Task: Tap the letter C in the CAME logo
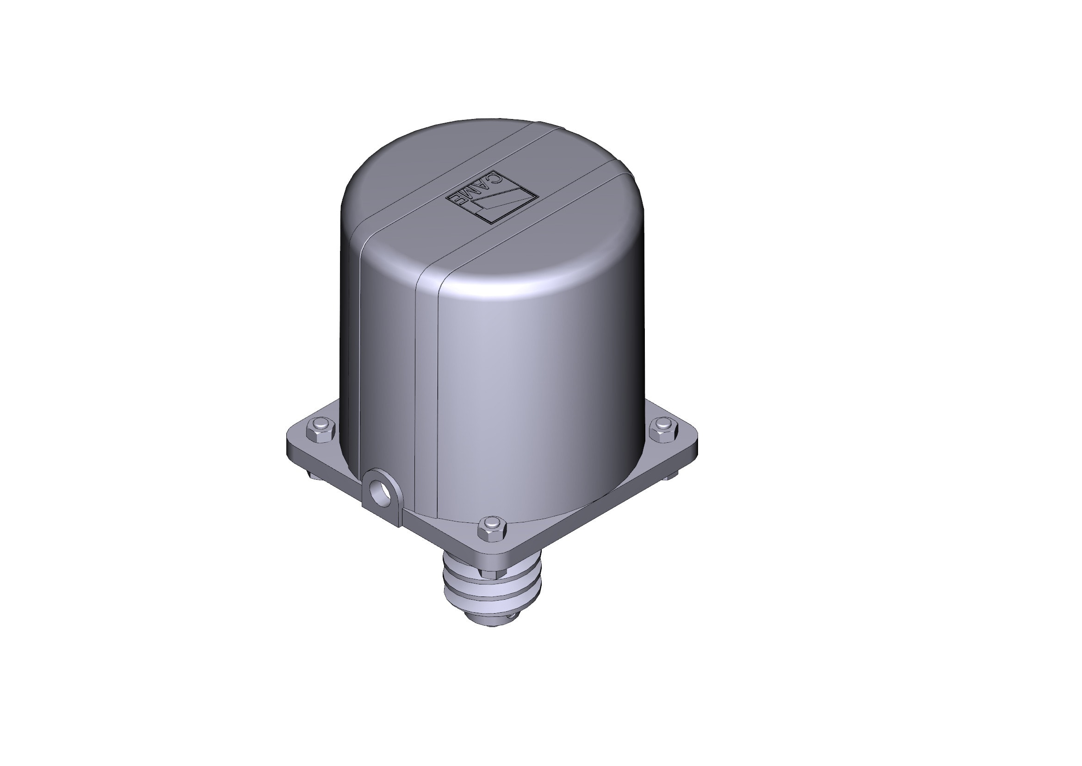pos(493,178)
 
